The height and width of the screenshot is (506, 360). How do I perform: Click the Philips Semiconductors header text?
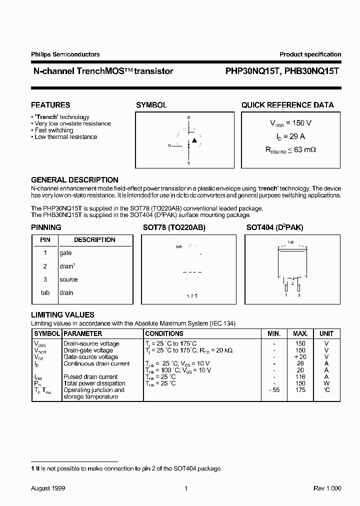(65, 54)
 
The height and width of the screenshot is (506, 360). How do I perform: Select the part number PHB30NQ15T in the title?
(311, 71)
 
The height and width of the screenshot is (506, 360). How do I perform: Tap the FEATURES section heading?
(50, 105)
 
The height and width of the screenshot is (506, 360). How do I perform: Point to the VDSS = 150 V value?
(291, 123)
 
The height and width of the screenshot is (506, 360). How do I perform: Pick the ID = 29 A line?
(291, 136)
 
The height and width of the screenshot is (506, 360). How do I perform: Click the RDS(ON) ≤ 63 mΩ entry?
(291, 149)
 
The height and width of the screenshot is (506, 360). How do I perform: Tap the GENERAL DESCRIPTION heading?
(74, 180)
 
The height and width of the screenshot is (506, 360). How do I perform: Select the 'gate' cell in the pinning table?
(65, 253)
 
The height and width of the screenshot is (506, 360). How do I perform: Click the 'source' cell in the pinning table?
(68, 279)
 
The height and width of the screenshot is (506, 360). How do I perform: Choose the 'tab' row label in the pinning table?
(45, 292)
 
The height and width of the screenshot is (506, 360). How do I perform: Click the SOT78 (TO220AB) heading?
(174, 227)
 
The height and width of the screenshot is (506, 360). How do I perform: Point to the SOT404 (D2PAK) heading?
(274, 227)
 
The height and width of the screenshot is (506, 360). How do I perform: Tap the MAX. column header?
(300, 333)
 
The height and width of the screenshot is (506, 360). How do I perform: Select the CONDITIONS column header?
(164, 333)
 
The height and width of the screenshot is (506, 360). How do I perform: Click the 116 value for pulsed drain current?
(300, 376)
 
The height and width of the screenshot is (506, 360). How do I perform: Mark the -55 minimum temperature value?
(273, 390)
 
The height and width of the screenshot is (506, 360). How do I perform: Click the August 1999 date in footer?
(48, 488)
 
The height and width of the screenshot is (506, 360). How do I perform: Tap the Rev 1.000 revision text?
(327, 488)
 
